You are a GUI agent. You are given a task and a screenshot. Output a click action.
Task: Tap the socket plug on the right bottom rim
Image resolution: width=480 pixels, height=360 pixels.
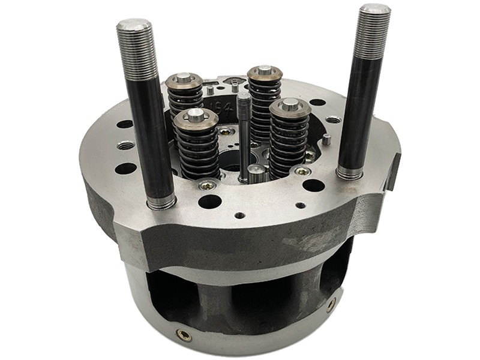331,304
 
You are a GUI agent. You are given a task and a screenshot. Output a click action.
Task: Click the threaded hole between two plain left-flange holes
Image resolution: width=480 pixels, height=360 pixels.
127,145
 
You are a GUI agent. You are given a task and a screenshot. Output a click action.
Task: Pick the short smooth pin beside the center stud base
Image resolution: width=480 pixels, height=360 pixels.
255,175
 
